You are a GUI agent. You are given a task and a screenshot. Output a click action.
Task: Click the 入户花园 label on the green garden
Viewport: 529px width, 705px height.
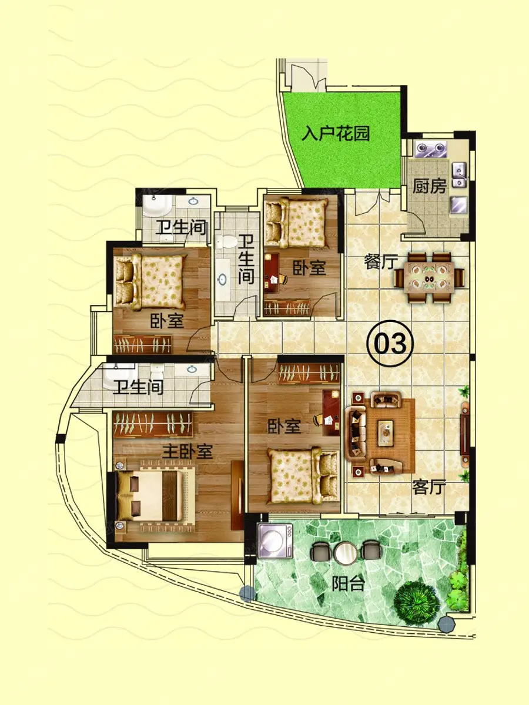(336, 133)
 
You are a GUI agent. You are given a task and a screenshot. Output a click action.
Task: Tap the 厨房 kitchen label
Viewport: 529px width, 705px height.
(430, 186)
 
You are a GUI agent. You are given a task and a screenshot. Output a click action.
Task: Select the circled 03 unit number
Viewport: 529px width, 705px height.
(390, 343)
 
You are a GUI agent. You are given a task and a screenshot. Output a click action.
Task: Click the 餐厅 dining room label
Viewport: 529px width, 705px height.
(381, 262)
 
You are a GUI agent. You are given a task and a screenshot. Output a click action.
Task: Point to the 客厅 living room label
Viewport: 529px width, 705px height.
(429, 487)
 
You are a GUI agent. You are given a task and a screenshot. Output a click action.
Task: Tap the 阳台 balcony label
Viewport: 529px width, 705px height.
(348, 583)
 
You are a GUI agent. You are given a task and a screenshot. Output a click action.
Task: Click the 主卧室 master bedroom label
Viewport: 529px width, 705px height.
(188, 452)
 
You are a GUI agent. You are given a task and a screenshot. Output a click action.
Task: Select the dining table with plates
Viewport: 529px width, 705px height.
(429, 277)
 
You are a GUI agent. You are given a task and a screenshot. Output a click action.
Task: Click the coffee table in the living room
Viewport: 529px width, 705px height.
(386, 433)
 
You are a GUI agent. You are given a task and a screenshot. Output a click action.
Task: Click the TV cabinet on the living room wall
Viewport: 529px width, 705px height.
(464, 433)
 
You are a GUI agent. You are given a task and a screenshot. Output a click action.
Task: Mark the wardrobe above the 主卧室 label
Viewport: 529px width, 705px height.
(153, 424)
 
